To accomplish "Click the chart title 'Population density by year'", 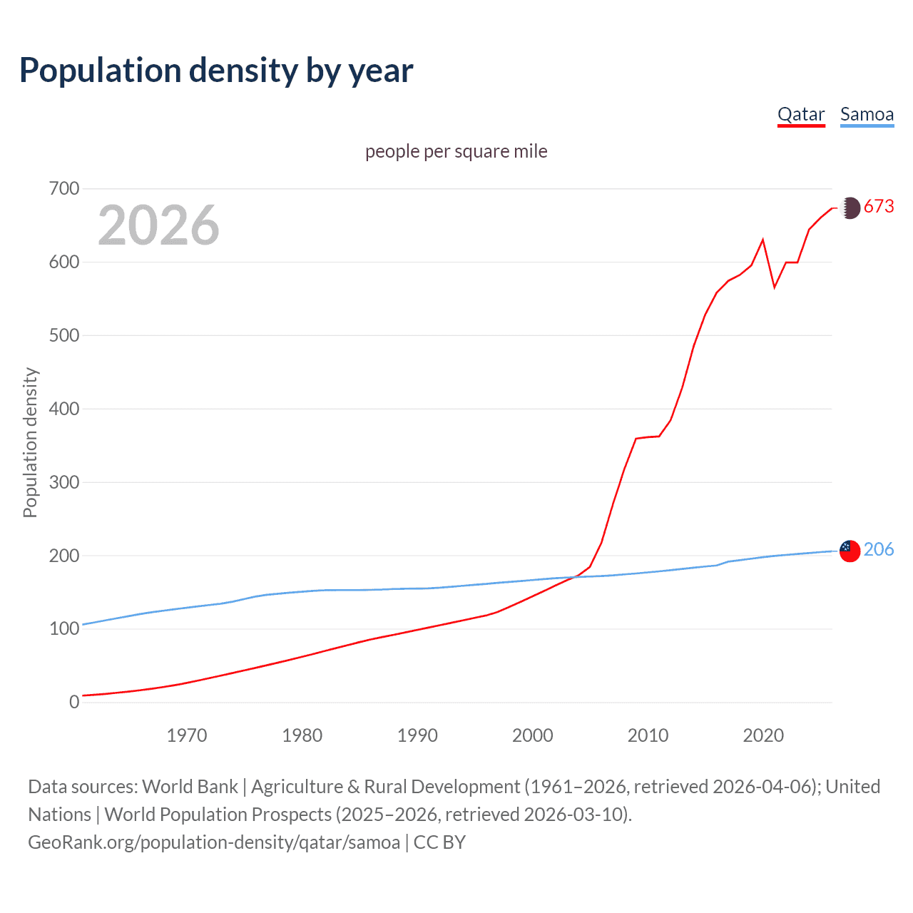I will [216, 71].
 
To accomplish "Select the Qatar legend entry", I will [800, 115].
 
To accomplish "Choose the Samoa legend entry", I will [867, 115].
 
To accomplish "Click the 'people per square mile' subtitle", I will [456, 151].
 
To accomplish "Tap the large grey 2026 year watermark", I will [158, 225].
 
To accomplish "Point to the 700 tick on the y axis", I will [63, 189].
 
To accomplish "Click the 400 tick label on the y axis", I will [63, 409].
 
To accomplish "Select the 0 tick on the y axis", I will [74, 702].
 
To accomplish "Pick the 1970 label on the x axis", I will [186, 735].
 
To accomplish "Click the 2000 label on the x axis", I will [532, 735].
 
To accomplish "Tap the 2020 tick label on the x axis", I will [763, 735].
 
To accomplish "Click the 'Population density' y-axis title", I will [30, 442].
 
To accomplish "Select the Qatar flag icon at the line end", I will [850, 208].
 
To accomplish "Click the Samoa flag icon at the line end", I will [850, 551].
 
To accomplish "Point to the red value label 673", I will [879, 207].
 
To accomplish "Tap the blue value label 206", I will [879, 549].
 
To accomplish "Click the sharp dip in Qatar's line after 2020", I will [775, 287].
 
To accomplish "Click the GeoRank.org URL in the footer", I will [214, 842].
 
